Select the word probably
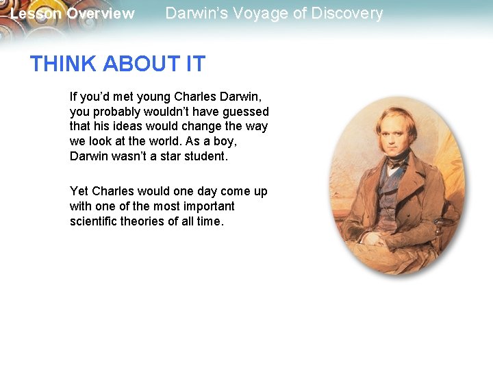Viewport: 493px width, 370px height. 114,112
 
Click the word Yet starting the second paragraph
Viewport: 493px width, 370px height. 79,191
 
